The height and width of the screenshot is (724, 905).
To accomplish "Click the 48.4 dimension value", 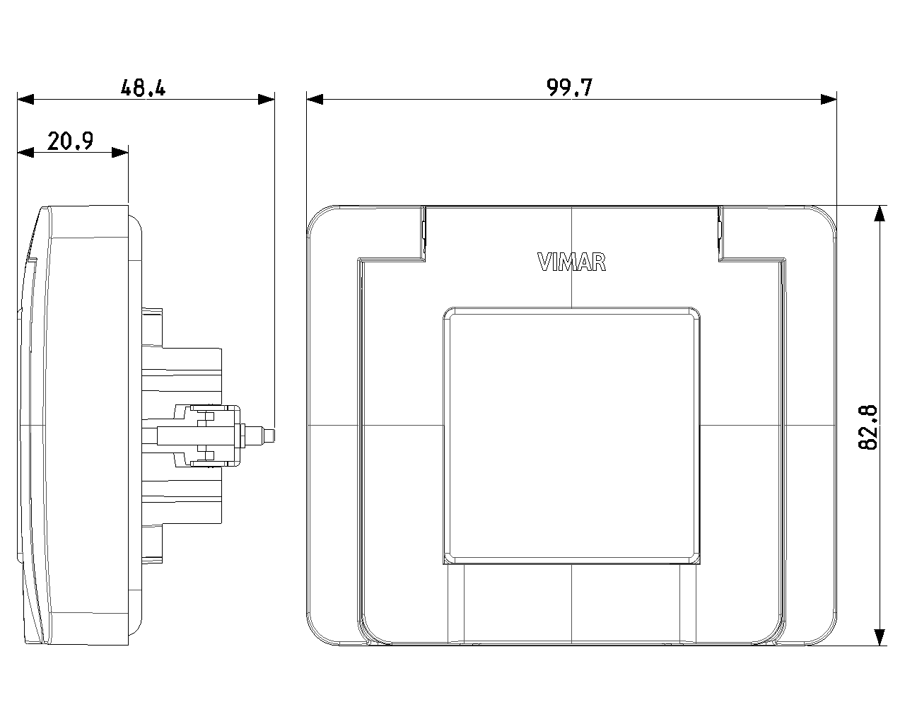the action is click(x=143, y=88).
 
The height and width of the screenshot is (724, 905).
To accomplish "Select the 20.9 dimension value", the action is click(x=70, y=141).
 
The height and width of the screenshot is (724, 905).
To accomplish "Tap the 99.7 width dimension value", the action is click(x=570, y=88).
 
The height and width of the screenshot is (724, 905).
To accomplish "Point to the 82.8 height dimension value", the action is click(x=868, y=428).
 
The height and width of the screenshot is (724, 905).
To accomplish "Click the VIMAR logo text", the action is click(x=571, y=262).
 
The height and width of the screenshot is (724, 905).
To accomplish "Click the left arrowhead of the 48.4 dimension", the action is click(x=25, y=100).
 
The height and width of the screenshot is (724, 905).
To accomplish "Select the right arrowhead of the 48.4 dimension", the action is click(x=267, y=100).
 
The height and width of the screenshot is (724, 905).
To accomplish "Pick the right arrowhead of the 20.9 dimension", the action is click(x=120, y=152).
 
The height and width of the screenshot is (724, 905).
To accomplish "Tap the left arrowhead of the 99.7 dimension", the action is click(x=315, y=100).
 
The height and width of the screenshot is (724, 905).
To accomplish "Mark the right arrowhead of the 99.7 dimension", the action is click(x=829, y=100).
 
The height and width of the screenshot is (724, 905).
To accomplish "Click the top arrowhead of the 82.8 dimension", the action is click(x=880, y=214).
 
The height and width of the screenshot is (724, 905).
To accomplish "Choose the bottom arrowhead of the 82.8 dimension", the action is click(x=880, y=637).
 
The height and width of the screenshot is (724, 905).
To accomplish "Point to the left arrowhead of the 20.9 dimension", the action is click(x=25, y=152).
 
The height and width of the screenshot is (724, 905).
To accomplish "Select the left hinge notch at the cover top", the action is click(x=424, y=233).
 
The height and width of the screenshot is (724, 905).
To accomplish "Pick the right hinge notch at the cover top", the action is click(x=720, y=233).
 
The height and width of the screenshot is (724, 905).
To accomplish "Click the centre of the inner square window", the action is click(x=571, y=436).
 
